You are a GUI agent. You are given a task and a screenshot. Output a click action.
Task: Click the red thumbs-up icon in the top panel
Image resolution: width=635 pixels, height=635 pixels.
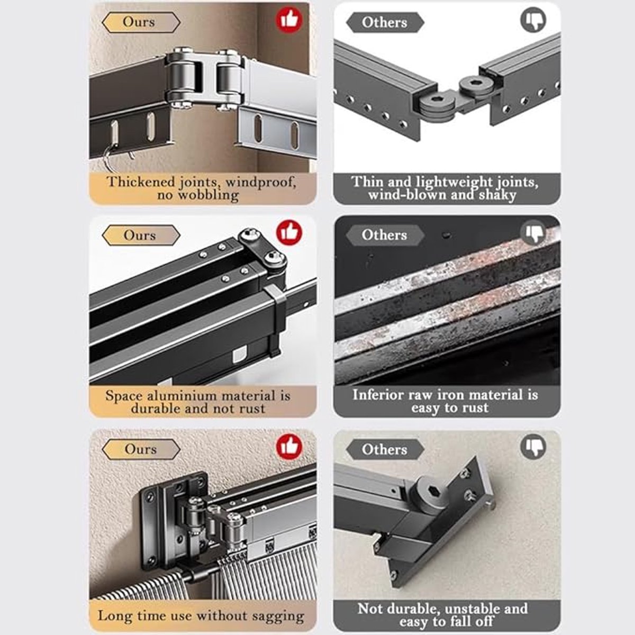click(289, 20)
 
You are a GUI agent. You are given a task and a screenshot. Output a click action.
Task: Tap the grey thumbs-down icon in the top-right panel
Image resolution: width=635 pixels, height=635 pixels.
click(533, 20)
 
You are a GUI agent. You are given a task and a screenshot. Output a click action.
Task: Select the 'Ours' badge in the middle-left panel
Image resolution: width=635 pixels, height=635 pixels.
click(141, 235)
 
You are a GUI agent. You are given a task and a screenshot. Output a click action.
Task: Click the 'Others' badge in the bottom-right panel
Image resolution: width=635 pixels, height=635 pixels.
click(385, 449)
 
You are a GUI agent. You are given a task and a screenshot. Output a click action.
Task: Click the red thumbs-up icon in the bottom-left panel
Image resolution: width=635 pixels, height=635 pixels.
click(289, 447)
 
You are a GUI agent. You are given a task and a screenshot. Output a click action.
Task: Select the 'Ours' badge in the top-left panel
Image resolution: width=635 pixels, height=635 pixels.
click(141, 22)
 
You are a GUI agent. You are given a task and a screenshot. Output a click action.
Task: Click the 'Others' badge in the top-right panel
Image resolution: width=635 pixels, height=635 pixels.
click(385, 22)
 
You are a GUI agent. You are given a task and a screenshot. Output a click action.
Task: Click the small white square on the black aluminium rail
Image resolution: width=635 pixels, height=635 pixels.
click(240, 356)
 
